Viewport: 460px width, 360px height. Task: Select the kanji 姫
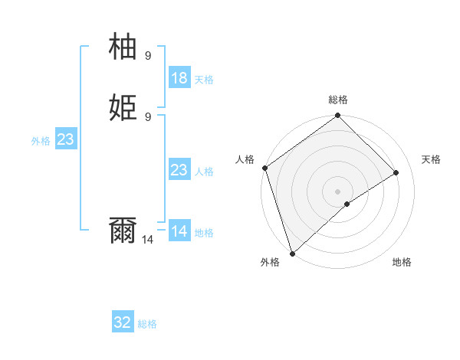click(x=123, y=106)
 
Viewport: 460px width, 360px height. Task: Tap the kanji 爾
click(x=123, y=230)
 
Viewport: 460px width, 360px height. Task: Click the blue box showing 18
click(x=179, y=78)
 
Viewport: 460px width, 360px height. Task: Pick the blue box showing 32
click(x=123, y=322)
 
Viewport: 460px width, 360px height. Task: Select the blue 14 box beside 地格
click(x=179, y=231)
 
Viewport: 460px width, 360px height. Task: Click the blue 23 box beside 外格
click(x=65, y=139)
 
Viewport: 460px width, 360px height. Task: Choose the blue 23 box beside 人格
click(x=179, y=170)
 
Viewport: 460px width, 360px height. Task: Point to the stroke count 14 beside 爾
click(x=147, y=240)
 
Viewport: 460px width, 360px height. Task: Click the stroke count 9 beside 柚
click(x=147, y=55)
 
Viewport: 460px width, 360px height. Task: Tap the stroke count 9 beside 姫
click(x=147, y=116)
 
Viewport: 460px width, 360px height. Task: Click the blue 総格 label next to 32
click(x=147, y=324)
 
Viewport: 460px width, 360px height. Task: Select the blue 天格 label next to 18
click(x=203, y=80)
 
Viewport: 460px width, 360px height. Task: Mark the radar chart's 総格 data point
click(x=337, y=116)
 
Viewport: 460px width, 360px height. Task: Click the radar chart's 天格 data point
click(x=396, y=173)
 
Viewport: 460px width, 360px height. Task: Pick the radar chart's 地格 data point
click(x=347, y=204)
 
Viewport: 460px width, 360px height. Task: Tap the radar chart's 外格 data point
click(x=291, y=254)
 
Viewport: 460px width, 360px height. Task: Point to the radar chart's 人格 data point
click(x=264, y=168)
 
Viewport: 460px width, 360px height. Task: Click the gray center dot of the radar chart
click(x=337, y=191)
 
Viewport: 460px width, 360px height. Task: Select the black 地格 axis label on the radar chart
click(x=402, y=262)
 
